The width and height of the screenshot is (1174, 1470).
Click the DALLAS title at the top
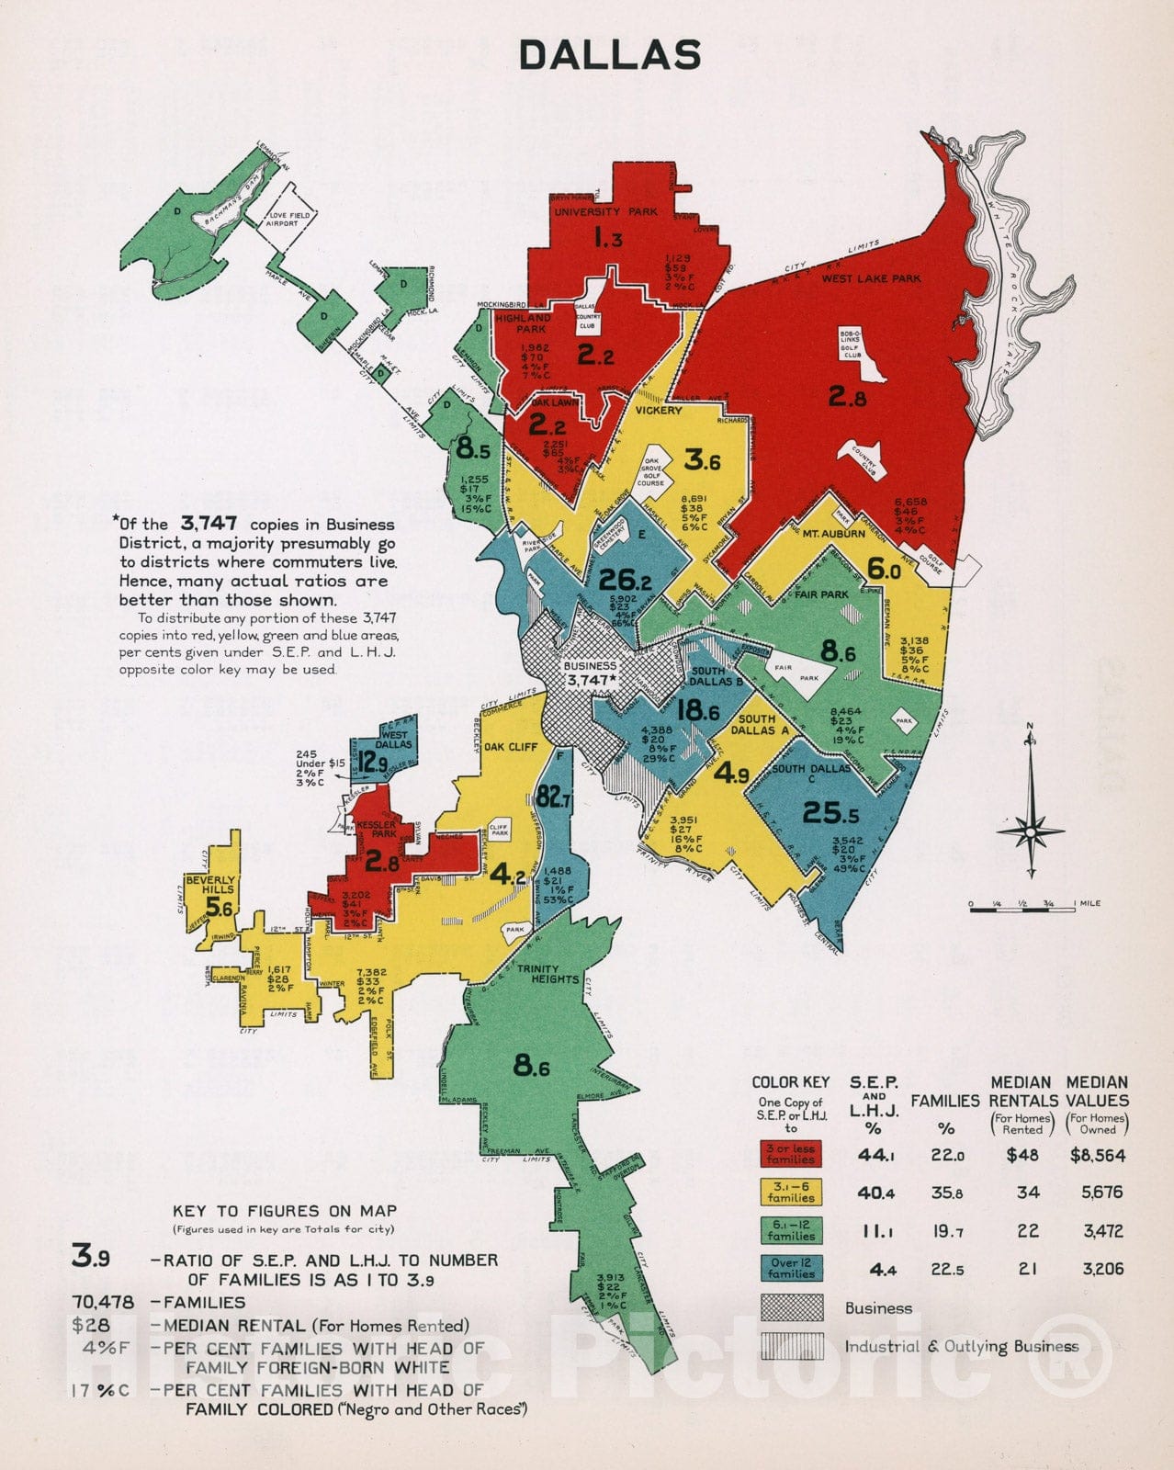610,55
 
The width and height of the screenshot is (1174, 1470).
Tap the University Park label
605,212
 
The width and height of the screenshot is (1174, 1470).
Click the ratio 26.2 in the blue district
624,580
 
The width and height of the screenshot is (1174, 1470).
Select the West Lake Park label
870,278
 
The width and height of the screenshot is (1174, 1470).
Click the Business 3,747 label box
590,673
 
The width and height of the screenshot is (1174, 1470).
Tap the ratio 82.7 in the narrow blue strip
553,797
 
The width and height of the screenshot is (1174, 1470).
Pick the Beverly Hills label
210,885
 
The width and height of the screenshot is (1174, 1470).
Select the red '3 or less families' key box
790,1154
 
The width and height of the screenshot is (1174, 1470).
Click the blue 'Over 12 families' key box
790,1268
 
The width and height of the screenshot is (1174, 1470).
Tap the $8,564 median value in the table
1097,1155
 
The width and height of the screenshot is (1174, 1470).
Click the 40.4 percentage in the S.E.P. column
875,1193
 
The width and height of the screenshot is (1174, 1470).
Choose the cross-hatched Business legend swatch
790,1307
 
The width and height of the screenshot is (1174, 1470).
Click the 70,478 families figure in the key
102,1302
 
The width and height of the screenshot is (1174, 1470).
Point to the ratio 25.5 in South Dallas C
830,812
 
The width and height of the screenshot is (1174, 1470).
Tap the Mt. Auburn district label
833,534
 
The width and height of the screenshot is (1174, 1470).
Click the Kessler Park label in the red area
370,829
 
